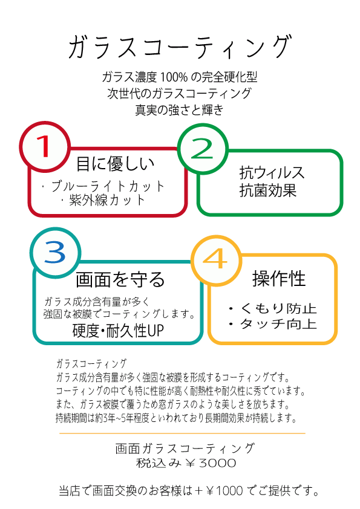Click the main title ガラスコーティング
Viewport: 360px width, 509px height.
point(179,47)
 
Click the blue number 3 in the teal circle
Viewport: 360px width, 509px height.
point(55,252)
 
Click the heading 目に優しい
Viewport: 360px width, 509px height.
point(115,163)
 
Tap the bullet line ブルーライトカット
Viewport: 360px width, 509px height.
point(103,186)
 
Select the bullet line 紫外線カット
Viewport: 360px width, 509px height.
point(103,200)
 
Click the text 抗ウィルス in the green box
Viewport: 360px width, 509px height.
point(272,172)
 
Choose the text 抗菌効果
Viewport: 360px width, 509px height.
point(267,190)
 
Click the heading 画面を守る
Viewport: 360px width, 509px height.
point(120,279)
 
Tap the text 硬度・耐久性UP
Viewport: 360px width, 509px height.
point(118,331)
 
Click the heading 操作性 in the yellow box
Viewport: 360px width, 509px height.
point(279,279)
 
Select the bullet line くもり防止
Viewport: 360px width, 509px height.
point(273,308)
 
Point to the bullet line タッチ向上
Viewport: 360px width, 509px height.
point(273,323)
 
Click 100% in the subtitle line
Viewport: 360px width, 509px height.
point(174,77)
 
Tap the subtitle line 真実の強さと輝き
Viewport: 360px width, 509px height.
point(179,110)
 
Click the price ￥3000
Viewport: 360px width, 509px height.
point(211,463)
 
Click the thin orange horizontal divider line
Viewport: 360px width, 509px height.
point(182,433)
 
